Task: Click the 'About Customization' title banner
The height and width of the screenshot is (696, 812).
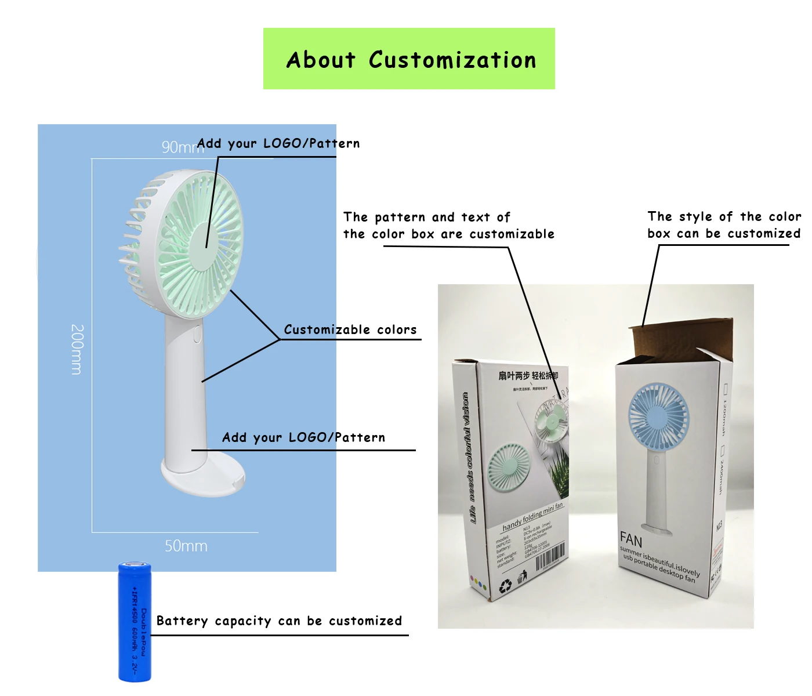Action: (x=409, y=59)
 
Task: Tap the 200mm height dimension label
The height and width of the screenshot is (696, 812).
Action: (x=77, y=349)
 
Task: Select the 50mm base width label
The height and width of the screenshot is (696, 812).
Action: (x=186, y=546)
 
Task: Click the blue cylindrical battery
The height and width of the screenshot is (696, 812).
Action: (x=135, y=621)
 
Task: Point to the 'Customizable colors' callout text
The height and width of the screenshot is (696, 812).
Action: (x=350, y=329)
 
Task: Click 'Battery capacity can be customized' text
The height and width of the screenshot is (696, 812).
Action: (x=279, y=621)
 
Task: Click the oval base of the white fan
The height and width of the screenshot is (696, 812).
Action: (x=203, y=474)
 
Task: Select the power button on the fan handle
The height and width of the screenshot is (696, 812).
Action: (x=197, y=334)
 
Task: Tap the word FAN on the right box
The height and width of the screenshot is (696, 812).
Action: (x=631, y=540)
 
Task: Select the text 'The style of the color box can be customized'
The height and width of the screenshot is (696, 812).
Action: (x=724, y=224)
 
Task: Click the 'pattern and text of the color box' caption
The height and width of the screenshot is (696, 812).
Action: (x=448, y=226)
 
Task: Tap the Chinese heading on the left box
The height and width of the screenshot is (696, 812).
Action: (x=528, y=376)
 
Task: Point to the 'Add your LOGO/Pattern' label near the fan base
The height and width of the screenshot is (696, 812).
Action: (x=303, y=437)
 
